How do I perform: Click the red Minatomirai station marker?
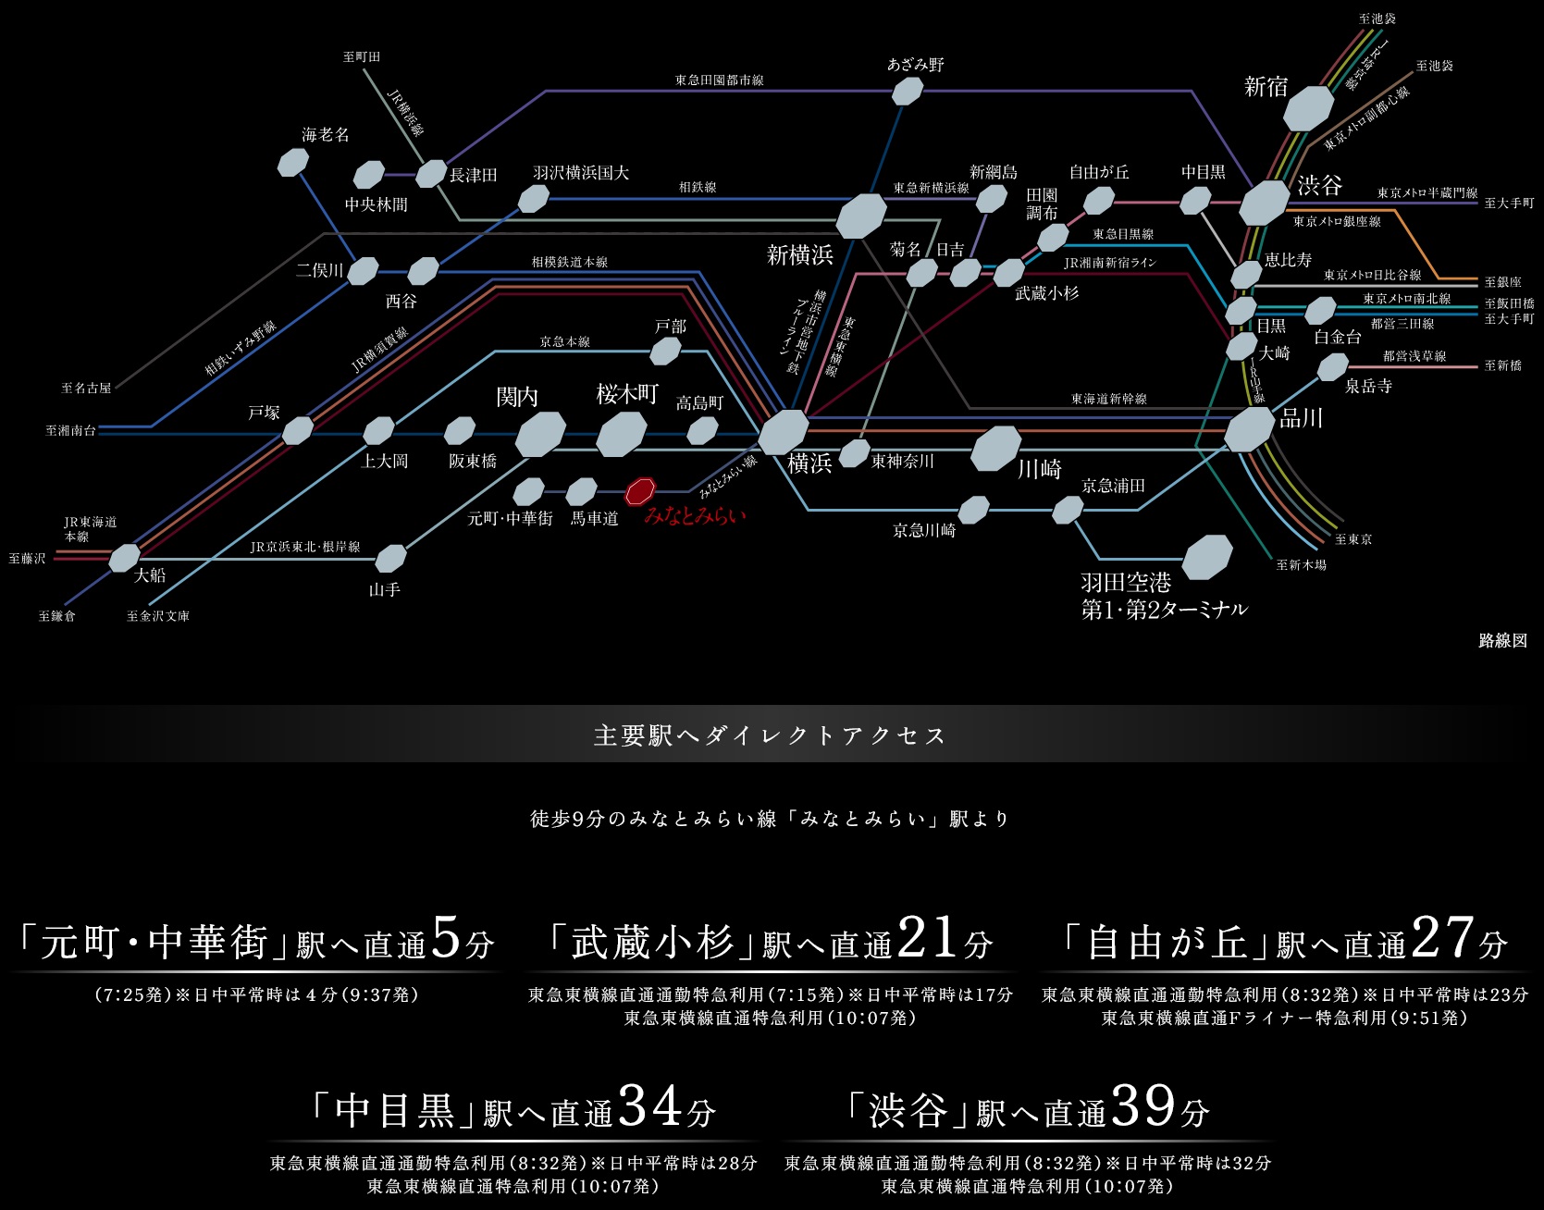click(x=639, y=490)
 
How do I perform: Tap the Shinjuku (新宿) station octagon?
click(x=1308, y=107)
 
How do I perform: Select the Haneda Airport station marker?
click(x=1207, y=558)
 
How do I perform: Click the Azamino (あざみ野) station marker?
click(x=907, y=91)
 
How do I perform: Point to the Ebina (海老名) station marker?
click(x=293, y=163)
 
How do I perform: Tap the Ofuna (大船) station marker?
click(x=124, y=558)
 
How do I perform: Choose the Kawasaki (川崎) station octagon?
click(x=996, y=449)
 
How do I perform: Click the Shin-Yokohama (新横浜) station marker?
click(x=861, y=216)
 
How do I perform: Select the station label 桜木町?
click(x=627, y=394)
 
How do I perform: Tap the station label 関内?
click(x=517, y=397)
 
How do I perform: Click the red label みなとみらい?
click(x=695, y=516)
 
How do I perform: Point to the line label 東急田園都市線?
click(x=719, y=80)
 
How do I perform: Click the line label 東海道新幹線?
click(x=1108, y=399)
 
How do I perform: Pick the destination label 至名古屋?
click(x=86, y=389)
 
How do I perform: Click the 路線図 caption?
click(x=1502, y=640)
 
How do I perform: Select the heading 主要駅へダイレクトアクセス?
click(x=770, y=735)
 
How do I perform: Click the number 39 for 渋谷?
click(x=1143, y=1105)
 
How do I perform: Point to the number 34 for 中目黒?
click(x=650, y=1105)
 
